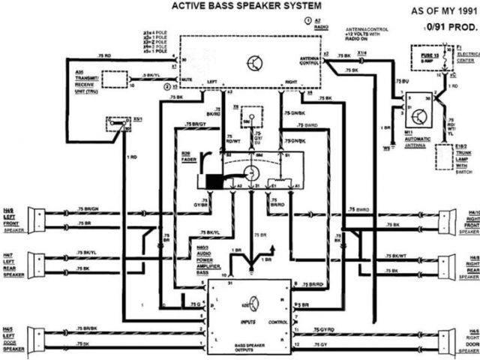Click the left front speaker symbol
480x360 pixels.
point(34,218)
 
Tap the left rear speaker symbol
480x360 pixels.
point(34,262)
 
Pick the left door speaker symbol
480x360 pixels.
point(34,339)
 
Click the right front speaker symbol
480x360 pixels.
point(447,220)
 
